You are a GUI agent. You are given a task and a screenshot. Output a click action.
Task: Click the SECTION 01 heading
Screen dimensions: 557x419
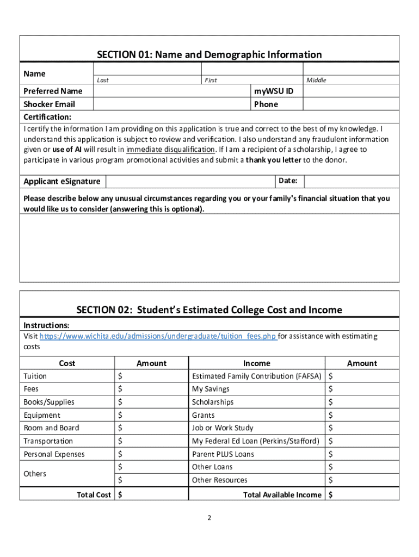coord(209,54)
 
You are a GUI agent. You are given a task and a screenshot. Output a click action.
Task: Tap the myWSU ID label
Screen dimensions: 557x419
coord(273,91)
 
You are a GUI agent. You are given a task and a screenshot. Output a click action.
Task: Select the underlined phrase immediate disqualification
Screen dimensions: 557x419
coord(170,150)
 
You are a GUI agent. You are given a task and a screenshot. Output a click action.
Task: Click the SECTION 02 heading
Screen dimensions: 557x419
coord(209,310)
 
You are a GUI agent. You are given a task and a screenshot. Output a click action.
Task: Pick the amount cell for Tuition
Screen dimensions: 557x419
coord(152,376)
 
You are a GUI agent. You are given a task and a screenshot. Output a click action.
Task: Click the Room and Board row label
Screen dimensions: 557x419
coord(51,428)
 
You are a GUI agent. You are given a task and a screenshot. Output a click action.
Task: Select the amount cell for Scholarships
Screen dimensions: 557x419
coord(362,402)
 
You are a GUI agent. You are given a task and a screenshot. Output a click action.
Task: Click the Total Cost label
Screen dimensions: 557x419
coord(94,494)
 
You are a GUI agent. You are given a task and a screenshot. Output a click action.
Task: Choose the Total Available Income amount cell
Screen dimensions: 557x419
coord(362,494)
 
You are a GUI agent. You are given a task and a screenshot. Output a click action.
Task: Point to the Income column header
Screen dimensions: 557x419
coord(256,363)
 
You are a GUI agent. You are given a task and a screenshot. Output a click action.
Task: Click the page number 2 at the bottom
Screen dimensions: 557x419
coord(209,518)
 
